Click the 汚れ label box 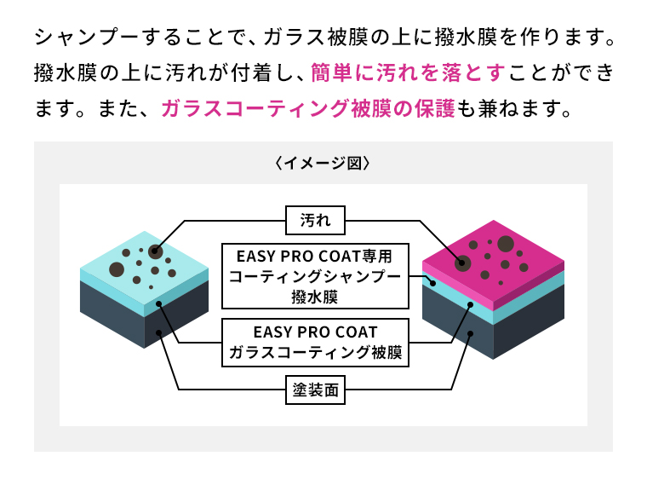[x=315, y=220]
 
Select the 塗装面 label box [x=315, y=390]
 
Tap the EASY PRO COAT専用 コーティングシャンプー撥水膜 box [x=315, y=276]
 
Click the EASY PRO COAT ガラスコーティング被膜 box [x=315, y=343]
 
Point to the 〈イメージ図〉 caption [x=323, y=163]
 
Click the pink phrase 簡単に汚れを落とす [x=408, y=72]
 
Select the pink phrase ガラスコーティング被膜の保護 [x=308, y=108]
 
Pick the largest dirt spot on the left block [x=117, y=269]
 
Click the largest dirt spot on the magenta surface [x=506, y=244]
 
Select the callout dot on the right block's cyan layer [x=471, y=305]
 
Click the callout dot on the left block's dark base [x=158, y=333]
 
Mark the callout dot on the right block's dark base [x=470, y=333]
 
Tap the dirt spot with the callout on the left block [x=155, y=251]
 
